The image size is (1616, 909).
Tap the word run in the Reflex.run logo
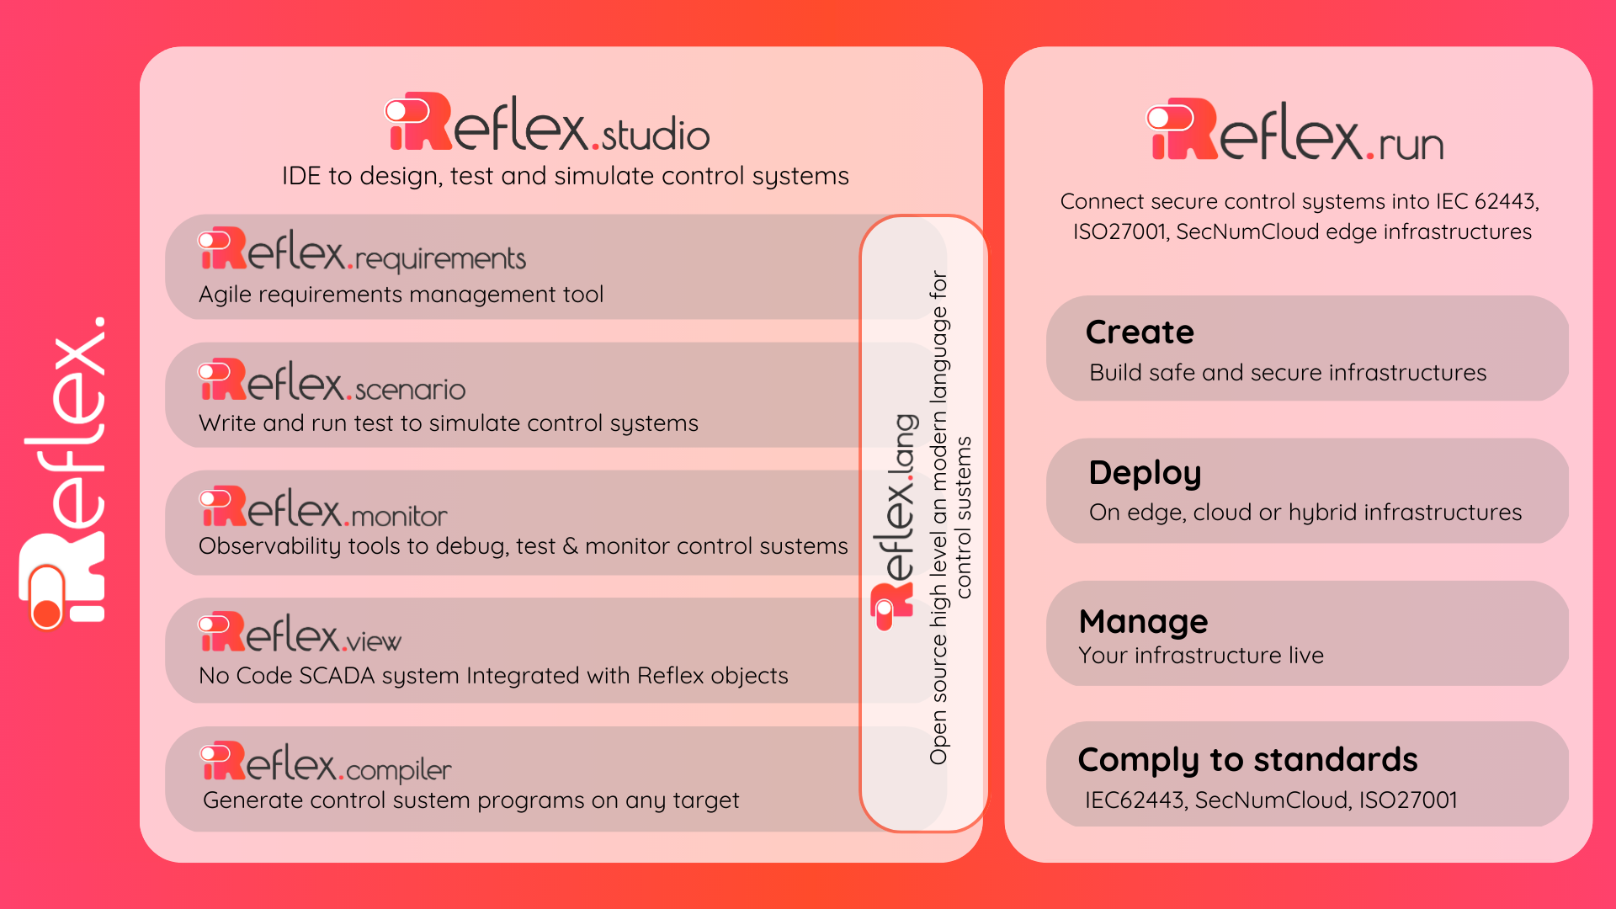(x=1411, y=146)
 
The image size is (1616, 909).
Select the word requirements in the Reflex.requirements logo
(x=440, y=259)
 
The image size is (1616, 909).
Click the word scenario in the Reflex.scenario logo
(x=410, y=390)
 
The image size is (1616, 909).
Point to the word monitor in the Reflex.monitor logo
(x=399, y=516)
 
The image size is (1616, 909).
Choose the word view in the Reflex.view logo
(x=375, y=642)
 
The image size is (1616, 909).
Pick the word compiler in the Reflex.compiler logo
(x=398, y=770)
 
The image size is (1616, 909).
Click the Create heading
(x=1140, y=332)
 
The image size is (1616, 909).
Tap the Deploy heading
(x=1145, y=474)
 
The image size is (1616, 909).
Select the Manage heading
(x=1143, y=622)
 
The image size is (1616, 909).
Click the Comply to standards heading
(x=1247, y=760)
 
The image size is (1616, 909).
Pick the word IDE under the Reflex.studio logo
(x=301, y=176)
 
